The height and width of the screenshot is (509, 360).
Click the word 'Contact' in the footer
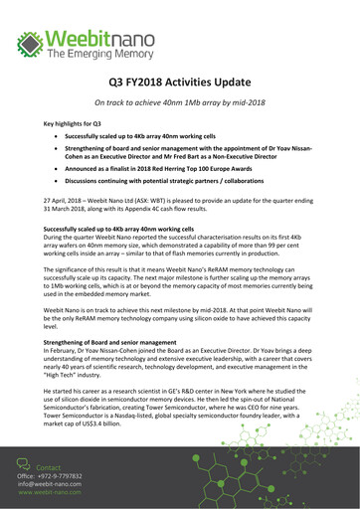click(x=49, y=465)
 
